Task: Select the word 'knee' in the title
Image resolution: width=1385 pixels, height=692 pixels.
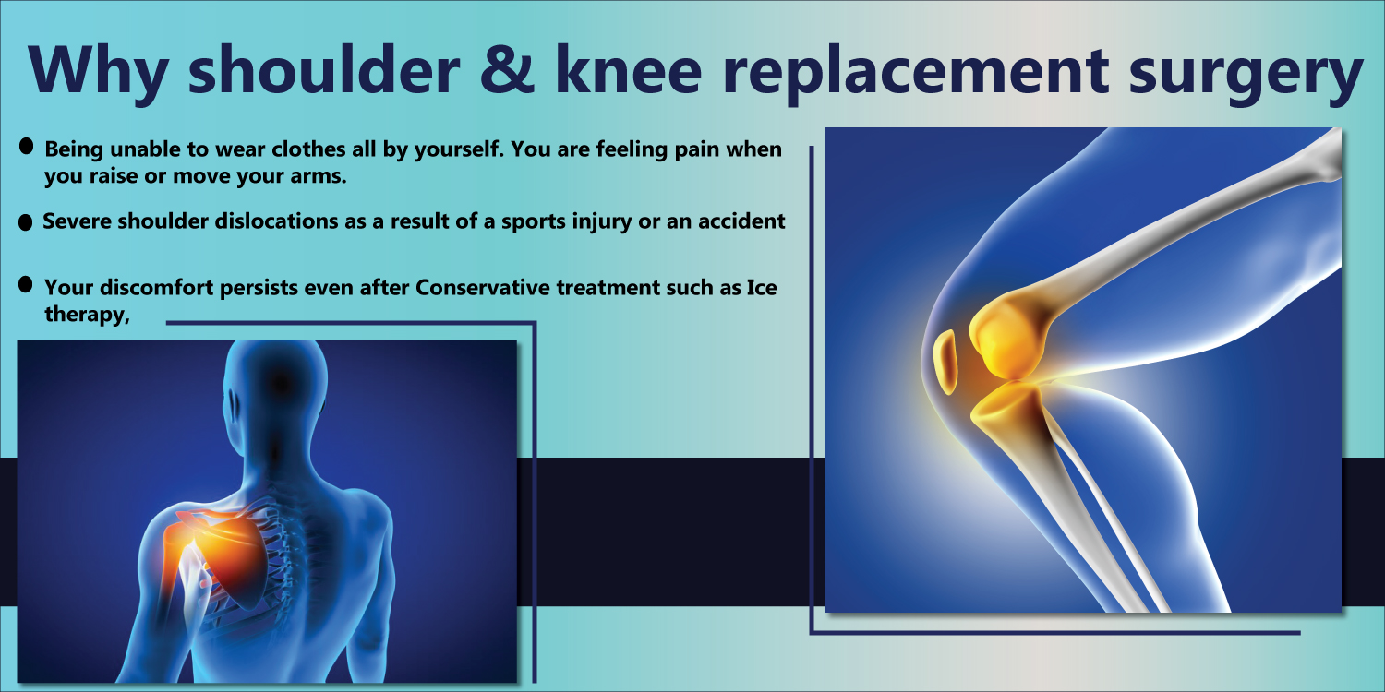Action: click(629, 68)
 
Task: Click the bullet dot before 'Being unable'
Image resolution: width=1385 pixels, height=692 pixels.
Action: click(26, 147)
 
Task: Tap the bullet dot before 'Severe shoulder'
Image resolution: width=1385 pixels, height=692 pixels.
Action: click(25, 222)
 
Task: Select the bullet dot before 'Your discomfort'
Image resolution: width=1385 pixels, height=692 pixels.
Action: click(25, 284)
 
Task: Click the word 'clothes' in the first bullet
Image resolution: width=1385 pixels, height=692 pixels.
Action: click(308, 149)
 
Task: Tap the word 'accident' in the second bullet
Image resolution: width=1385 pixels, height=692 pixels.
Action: click(741, 221)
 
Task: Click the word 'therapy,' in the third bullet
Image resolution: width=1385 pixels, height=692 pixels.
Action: click(87, 316)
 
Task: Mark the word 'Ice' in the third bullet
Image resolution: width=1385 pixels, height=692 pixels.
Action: click(762, 287)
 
